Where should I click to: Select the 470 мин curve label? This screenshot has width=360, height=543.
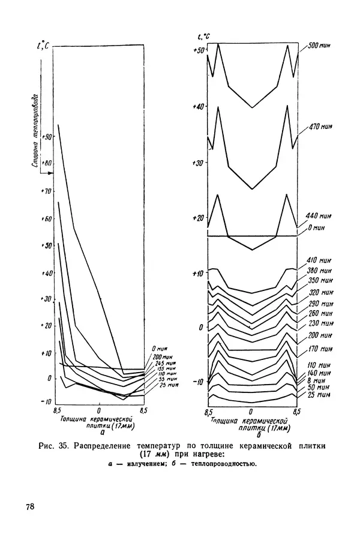321,127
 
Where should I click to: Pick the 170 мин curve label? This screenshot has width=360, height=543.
322,349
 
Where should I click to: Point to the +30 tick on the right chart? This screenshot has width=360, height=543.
199,163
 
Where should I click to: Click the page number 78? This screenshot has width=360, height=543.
30,507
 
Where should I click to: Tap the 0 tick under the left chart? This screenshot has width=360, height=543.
98,412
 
